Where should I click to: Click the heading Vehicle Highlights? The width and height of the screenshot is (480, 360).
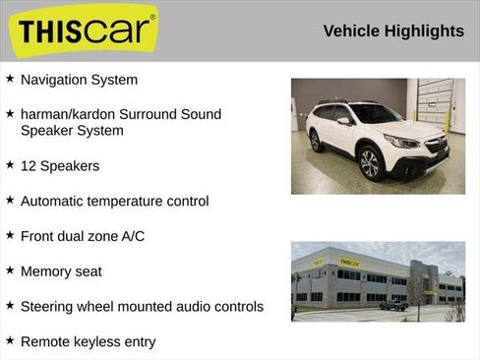393,31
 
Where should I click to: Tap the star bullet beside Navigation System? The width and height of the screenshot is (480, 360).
10,78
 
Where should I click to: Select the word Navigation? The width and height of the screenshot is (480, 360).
54,80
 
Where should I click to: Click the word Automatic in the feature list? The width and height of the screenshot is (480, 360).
55,201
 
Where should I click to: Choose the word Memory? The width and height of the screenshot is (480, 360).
46,271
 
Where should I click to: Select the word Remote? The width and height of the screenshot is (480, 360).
45,342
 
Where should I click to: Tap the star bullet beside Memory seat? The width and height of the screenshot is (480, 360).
10,270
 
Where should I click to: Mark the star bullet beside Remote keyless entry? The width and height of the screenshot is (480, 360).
10,340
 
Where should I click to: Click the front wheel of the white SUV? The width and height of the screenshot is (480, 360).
371,162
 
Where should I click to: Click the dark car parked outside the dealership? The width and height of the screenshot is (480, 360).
394,305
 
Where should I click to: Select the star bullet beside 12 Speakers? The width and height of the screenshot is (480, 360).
10,164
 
